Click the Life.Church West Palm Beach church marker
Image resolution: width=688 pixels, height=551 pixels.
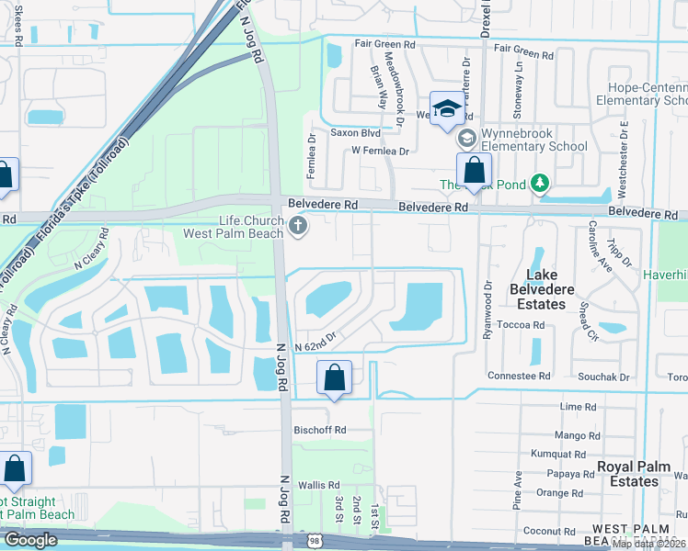tap(296, 226)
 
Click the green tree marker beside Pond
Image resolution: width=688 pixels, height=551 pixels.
tap(540, 185)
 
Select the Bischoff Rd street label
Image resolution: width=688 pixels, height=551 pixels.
tap(321, 430)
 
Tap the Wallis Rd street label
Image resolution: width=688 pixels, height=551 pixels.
tap(319, 485)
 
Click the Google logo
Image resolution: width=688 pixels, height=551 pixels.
tap(30, 540)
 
